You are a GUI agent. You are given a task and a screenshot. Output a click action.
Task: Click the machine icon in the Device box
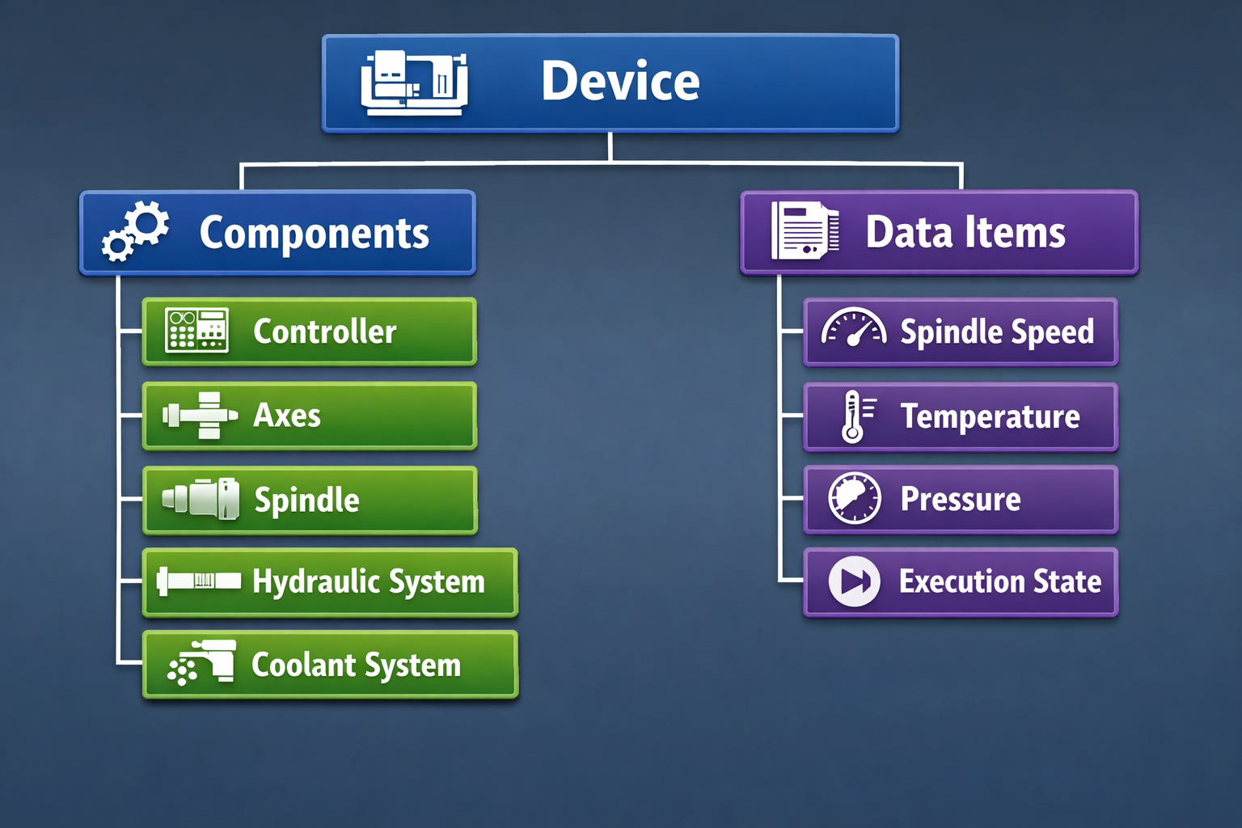tap(414, 82)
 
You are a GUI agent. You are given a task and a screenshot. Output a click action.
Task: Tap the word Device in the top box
tap(620, 82)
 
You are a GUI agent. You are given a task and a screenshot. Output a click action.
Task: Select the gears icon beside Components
tap(136, 231)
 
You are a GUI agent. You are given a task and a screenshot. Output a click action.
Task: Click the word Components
tap(314, 234)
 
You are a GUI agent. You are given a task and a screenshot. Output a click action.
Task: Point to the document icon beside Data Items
tap(804, 231)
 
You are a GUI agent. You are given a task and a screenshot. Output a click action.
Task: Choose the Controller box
tap(309, 332)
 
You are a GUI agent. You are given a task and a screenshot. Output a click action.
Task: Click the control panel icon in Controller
tap(196, 330)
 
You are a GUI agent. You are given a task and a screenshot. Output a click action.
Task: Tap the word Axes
tap(287, 416)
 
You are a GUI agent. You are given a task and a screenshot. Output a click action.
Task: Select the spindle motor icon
tap(201, 498)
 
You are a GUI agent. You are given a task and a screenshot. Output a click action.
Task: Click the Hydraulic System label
tap(368, 582)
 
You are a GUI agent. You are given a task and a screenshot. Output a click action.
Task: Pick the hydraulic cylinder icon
tap(199, 581)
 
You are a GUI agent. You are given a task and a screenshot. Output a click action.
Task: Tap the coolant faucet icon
tap(202, 662)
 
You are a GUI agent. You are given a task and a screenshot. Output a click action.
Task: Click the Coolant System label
tap(356, 665)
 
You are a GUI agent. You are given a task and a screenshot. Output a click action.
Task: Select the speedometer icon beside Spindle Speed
tap(853, 328)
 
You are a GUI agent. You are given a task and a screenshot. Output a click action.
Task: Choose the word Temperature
tap(990, 417)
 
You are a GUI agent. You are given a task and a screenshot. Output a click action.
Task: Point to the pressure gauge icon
tap(854, 498)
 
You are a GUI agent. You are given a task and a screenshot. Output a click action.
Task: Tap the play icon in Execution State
tap(854, 581)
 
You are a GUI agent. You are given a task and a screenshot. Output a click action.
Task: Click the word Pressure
tap(961, 500)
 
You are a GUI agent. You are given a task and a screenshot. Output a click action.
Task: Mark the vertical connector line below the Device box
tap(610, 147)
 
